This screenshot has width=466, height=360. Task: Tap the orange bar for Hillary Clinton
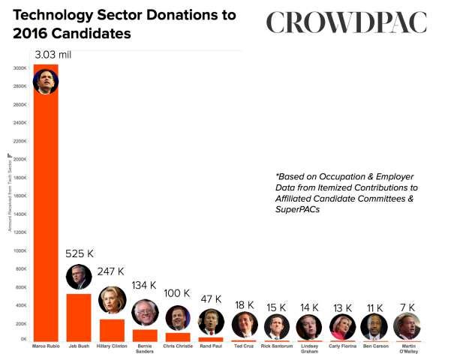[x=111, y=330]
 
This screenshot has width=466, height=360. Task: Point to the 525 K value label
[x=80, y=253]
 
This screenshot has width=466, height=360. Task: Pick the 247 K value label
[x=110, y=271]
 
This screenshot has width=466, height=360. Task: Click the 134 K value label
[x=143, y=285]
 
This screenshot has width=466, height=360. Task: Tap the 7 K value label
[x=407, y=307]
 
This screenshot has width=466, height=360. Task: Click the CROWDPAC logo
[x=347, y=23]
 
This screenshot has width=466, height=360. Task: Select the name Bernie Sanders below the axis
[x=144, y=349]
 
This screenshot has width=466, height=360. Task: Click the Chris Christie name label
[x=178, y=346]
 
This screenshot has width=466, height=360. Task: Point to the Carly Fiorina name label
[x=342, y=346]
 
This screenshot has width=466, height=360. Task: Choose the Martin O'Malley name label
[x=407, y=349]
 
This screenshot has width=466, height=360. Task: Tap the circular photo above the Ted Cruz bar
[x=244, y=325]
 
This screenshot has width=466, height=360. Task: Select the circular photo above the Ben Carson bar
[x=374, y=326]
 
